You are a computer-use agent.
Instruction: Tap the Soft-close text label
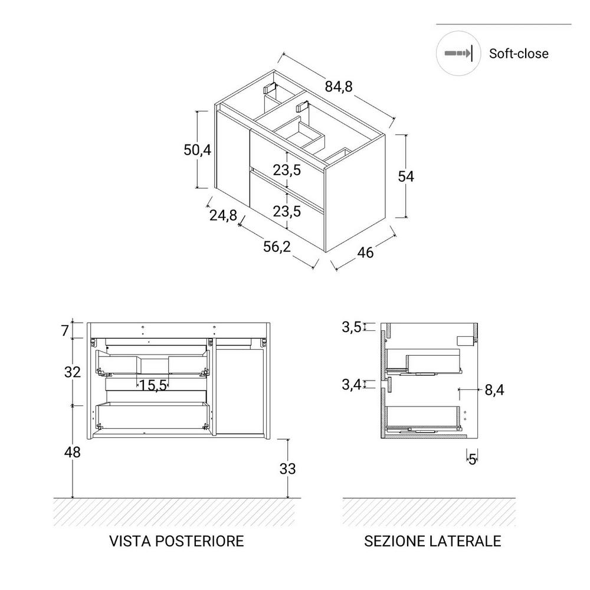coord(519,54)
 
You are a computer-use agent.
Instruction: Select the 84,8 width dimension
coord(338,86)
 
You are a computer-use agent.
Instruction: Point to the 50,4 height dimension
coord(197,150)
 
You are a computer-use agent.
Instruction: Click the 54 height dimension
coord(407,176)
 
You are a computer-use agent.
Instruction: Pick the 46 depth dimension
coord(366,253)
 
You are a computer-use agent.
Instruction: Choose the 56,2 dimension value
coord(278,247)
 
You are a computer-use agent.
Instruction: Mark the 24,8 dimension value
coord(223,215)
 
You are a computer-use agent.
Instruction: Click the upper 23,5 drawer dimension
coord(287,171)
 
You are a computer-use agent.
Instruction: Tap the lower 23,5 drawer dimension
coord(287,211)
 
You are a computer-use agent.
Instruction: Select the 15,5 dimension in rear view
coord(153,386)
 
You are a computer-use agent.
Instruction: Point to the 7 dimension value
coord(65,330)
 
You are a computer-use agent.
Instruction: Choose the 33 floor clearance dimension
coord(287,469)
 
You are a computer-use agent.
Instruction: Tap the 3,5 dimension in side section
coord(352,327)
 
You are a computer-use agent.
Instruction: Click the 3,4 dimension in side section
coord(352,385)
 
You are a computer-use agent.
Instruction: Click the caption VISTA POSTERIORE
coord(176,541)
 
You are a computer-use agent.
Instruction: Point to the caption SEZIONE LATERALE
coord(432,541)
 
